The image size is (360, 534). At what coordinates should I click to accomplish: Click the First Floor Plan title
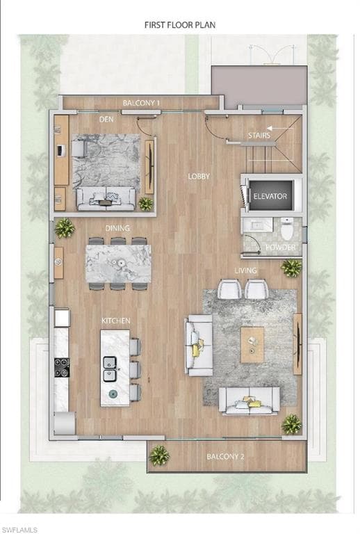tap(180, 24)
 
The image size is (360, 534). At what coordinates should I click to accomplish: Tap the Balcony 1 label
tap(141, 103)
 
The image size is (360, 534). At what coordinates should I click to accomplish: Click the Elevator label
tap(270, 197)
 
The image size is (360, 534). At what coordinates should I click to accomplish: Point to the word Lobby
tap(199, 177)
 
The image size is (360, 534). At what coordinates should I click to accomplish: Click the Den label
tap(106, 120)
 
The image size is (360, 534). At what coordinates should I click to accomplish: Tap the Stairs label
tap(259, 136)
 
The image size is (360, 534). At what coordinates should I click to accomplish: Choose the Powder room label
tap(281, 247)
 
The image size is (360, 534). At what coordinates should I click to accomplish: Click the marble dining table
tap(118, 263)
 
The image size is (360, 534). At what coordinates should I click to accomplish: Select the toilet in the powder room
tap(287, 227)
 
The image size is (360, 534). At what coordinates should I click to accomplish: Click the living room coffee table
tap(252, 345)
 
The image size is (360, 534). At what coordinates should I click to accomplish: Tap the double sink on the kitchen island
tap(110, 369)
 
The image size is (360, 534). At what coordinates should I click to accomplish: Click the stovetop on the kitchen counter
tap(62, 367)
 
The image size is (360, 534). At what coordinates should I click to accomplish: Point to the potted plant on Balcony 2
tap(159, 455)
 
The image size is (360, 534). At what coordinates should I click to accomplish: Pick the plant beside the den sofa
tap(145, 203)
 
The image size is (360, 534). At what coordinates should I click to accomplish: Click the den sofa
tap(106, 197)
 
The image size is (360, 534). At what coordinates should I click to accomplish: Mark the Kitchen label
tap(116, 321)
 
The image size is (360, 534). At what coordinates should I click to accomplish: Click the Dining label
tap(117, 228)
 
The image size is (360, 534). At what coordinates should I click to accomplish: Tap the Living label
tap(245, 270)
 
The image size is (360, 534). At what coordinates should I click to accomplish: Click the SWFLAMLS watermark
tap(19, 530)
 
